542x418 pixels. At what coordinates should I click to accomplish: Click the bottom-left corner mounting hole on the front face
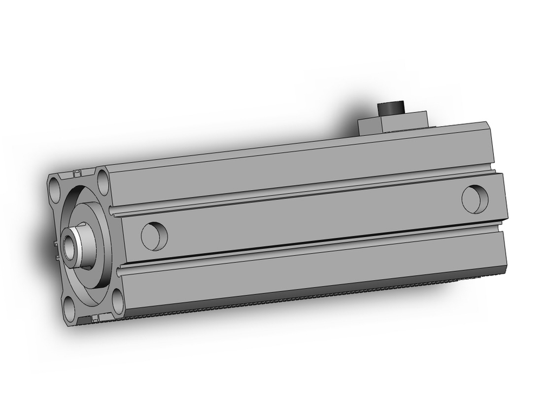[69, 309]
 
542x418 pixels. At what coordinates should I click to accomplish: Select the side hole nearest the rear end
[475, 199]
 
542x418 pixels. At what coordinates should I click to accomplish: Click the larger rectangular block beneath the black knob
[404, 123]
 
